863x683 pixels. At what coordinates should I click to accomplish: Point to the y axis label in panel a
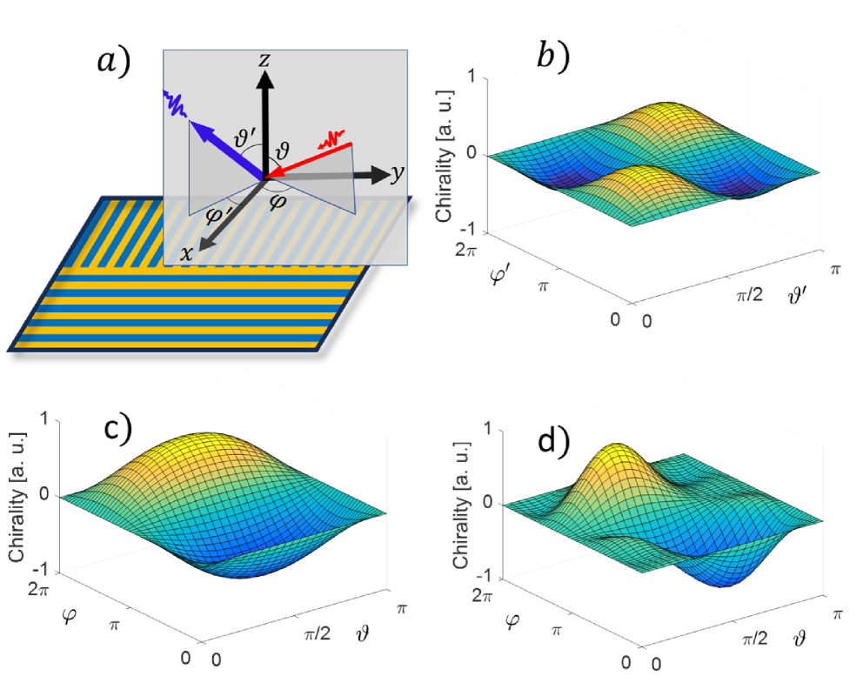(x=398, y=173)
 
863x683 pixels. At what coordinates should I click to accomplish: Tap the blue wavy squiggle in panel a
(x=177, y=107)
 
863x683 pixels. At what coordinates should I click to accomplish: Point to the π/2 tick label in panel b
(x=747, y=296)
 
